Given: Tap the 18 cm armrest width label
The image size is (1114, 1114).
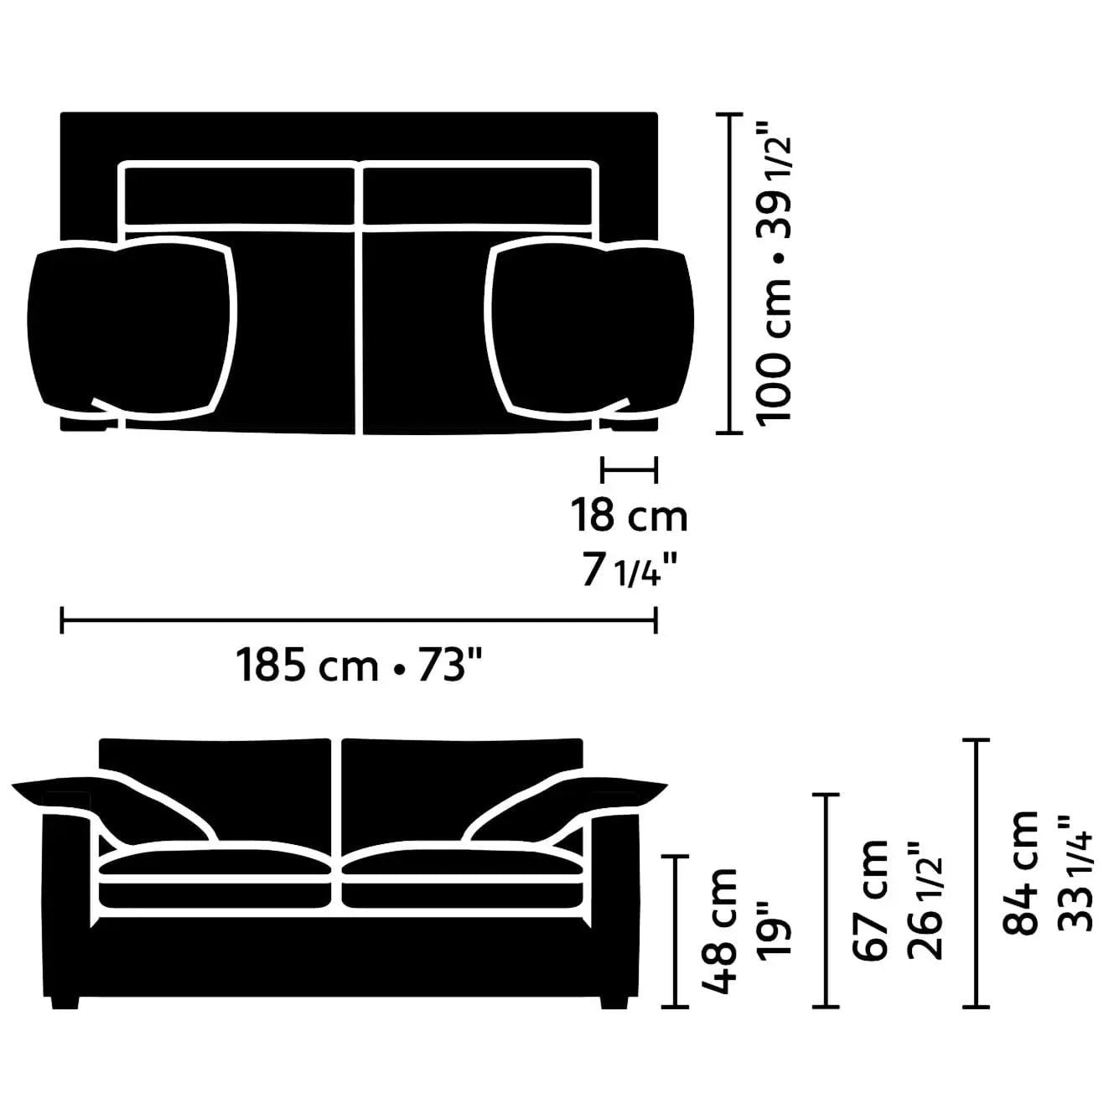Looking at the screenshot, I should [x=629, y=515].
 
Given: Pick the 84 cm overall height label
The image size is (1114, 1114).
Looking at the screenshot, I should [x=1021, y=872].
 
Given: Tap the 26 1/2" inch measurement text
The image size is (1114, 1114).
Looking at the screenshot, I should [x=927, y=901].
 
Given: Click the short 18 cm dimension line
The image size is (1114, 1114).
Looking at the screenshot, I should [x=629, y=469].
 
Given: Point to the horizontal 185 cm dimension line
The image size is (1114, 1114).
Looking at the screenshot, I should [x=359, y=621].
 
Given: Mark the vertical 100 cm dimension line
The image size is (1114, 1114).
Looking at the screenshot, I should [x=730, y=273].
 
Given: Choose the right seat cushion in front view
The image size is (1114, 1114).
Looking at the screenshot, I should [x=461, y=880].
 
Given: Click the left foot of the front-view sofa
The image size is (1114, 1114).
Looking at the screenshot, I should [x=65, y=1001].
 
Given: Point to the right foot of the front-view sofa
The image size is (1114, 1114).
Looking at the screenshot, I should [x=614, y=1001].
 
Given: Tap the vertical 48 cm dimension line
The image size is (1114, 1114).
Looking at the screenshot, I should [x=675, y=930].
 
